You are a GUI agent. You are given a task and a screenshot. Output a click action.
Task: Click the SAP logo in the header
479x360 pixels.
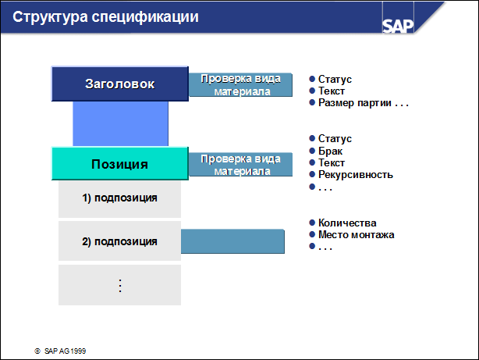[398, 26]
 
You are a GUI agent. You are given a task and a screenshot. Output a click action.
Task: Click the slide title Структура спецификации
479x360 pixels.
[105, 17]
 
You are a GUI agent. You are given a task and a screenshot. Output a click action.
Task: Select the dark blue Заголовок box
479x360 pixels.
[120, 84]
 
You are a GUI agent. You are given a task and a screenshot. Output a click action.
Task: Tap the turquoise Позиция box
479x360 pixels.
[120, 164]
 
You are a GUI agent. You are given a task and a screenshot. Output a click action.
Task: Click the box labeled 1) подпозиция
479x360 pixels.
[120, 199]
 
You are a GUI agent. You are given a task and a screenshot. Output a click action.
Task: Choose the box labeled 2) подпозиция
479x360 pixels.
[120, 241]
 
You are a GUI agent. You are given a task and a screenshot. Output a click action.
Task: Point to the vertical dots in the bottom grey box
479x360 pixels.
[120, 286]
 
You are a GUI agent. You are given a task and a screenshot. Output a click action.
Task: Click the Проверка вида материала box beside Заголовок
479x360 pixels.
[241, 84]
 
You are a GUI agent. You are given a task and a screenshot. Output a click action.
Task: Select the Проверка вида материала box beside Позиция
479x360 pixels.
[241, 165]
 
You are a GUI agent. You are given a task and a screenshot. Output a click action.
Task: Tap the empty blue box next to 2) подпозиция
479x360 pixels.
[232, 241]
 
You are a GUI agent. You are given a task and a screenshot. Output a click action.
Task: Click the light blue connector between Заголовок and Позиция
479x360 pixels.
[120, 124]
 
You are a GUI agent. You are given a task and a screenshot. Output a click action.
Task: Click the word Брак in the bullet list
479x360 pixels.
[330, 151]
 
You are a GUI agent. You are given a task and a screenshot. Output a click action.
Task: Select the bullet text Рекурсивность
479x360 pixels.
[356, 175]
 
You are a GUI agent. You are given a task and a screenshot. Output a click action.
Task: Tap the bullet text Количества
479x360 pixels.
[347, 223]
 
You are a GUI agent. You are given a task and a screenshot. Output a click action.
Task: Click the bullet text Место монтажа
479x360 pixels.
[357, 234]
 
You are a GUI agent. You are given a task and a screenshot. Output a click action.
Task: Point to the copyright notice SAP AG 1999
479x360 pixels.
[60, 351]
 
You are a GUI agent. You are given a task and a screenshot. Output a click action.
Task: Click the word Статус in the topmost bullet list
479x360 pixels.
[335, 79]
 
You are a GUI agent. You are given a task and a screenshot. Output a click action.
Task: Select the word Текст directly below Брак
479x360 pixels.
[332, 162]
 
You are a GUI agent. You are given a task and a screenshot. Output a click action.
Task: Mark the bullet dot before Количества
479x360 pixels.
[312, 223]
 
